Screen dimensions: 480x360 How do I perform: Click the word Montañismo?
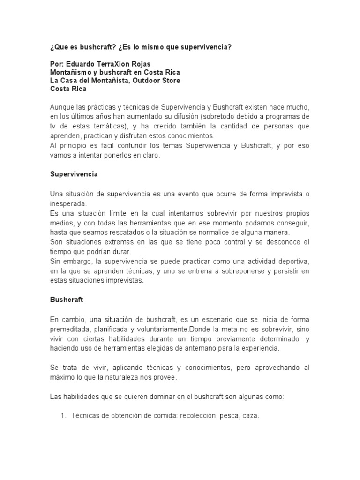[72, 73]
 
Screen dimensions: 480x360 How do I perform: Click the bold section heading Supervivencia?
[74, 174]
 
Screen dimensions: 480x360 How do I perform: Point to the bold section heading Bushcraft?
[66, 298]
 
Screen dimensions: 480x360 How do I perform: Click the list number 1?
[64, 416]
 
